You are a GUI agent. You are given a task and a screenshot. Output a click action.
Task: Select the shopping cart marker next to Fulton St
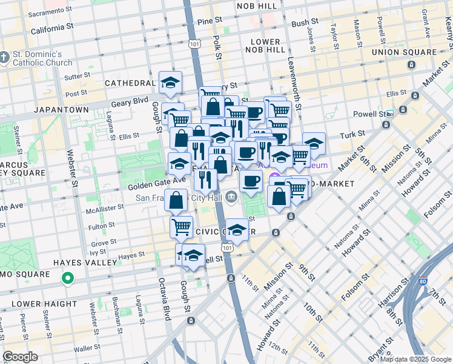(x=181, y=227)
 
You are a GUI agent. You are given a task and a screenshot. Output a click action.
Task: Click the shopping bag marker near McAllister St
(x=176, y=200)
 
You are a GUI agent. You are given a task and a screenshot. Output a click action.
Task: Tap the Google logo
(x=21, y=356)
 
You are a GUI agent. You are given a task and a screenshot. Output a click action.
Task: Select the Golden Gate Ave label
(x=148, y=181)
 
